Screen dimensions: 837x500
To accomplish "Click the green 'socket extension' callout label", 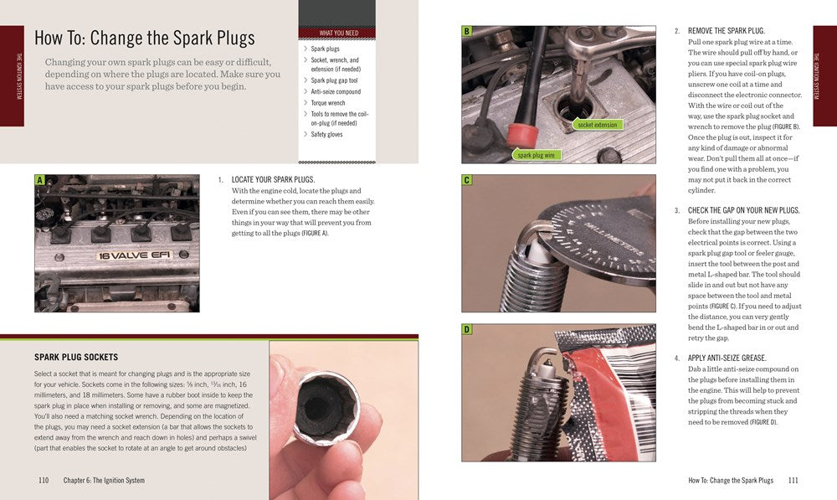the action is tap(597, 125).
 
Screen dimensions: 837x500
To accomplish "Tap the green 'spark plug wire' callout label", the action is tap(536, 155).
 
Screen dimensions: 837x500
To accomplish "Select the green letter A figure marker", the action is tap(39, 180).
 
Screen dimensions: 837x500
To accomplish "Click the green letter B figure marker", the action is tap(466, 31).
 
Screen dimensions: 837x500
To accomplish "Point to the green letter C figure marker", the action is tap(466, 180).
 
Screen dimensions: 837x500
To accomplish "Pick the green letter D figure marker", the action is tap(466, 329).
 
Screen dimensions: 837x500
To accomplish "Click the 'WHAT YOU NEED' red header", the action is tap(338, 34).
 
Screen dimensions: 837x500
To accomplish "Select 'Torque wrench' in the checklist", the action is tap(328, 103).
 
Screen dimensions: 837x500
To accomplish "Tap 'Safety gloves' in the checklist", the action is tap(326, 135).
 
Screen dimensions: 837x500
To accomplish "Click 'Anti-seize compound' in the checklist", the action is tap(336, 92).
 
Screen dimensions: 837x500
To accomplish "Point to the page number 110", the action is tap(44, 480).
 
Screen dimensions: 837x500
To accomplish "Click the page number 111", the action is tap(793, 480).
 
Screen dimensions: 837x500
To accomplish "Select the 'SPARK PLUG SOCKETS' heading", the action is tap(76, 357).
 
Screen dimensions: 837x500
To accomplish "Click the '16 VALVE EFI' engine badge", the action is tap(134, 255).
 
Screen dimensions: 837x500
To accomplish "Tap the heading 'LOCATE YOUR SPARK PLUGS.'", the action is tap(274, 179).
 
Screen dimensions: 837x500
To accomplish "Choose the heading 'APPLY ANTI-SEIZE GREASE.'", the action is tap(727, 358).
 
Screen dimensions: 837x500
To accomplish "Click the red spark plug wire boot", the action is tap(523, 135).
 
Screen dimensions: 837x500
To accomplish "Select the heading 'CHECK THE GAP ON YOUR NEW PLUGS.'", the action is tap(743, 210).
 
